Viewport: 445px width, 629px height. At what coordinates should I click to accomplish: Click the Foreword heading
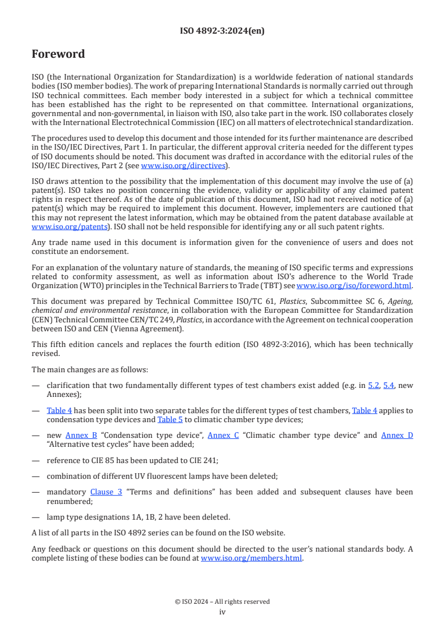pyautogui.click(x=58, y=54)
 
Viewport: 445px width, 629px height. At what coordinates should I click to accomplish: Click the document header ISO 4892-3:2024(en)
pyautogui.click(x=222, y=31)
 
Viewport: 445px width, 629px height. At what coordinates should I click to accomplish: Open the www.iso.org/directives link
pyautogui.click(x=183, y=165)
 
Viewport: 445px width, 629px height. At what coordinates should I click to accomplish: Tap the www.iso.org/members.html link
pyautogui.click(x=251, y=558)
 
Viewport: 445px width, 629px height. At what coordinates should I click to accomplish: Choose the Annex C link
pyautogui.click(x=223, y=435)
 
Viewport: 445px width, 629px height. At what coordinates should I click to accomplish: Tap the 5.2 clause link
pyautogui.click(x=373, y=386)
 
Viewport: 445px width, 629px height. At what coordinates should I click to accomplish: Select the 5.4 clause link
pyautogui.click(x=388, y=386)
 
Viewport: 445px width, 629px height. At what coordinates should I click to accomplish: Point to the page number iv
pyautogui.click(x=222, y=612)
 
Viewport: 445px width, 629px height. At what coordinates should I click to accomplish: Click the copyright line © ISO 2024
pyautogui.click(x=222, y=602)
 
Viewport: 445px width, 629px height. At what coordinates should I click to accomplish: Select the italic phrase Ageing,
pyautogui.click(x=400, y=301)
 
